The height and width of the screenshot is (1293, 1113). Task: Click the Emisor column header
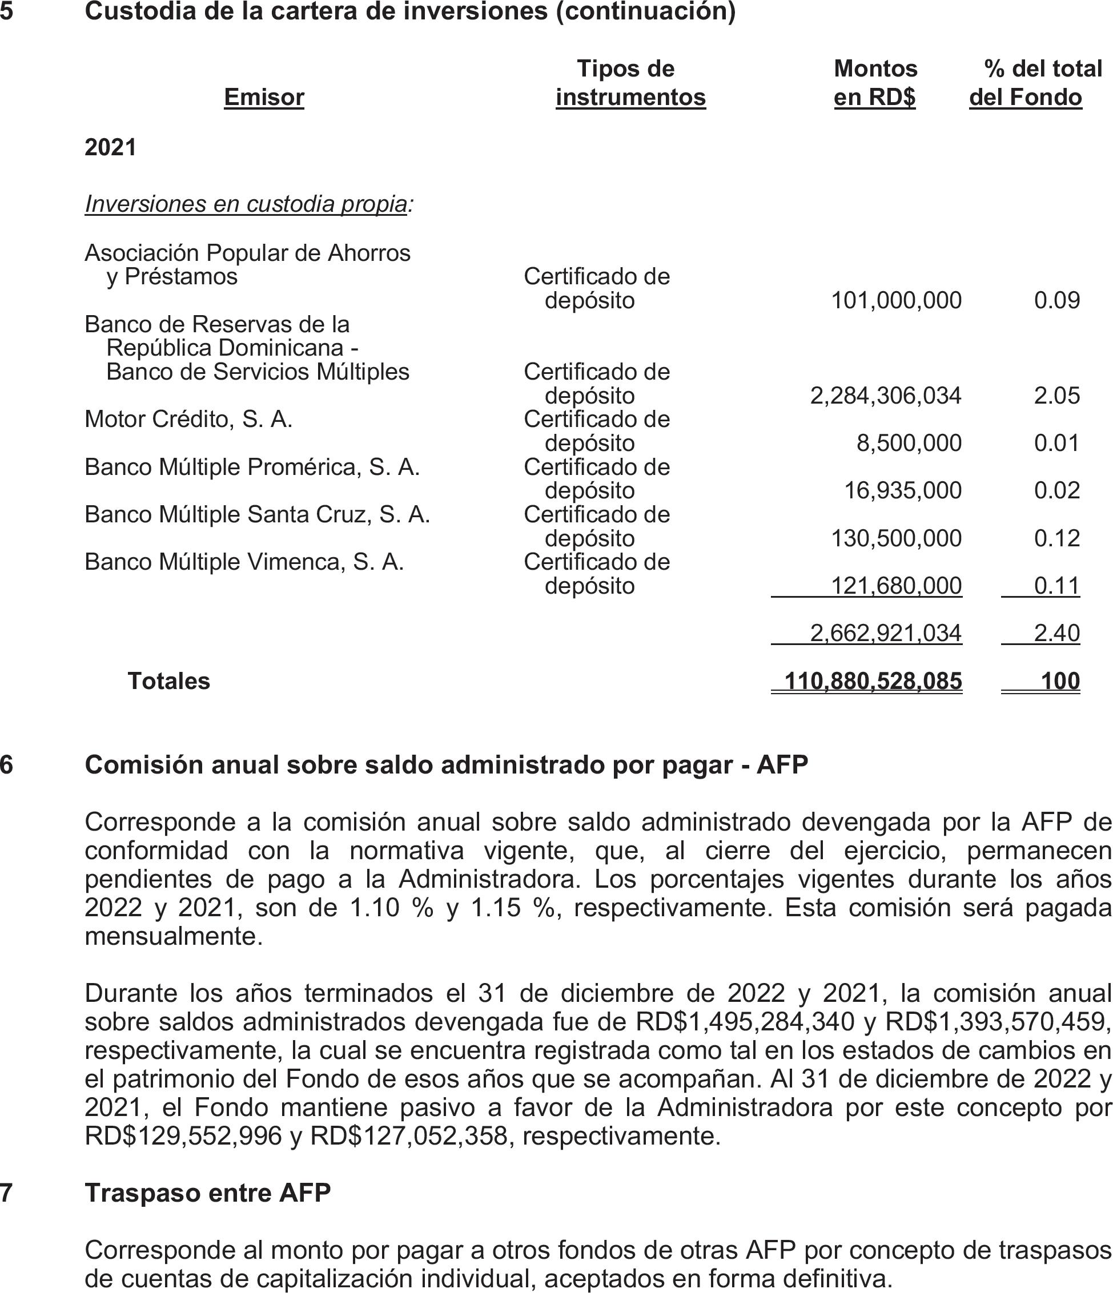pyautogui.click(x=263, y=98)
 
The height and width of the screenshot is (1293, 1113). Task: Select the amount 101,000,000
pyautogui.click(x=896, y=300)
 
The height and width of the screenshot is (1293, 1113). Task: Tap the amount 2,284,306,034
pyautogui.click(x=885, y=395)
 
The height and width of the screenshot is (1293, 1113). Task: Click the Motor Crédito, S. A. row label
pyautogui.click(x=188, y=419)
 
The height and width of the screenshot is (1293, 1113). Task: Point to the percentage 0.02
pyautogui.click(x=1056, y=490)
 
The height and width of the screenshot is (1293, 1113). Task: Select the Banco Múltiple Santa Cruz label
pyautogui.click(x=257, y=514)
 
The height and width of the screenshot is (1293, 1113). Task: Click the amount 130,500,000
pyautogui.click(x=896, y=538)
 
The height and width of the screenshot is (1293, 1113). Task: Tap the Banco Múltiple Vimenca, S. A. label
pyautogui.click(x=244, y=562)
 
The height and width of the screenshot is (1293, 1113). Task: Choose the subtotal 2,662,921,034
pyautogui.click(x=885, y=633)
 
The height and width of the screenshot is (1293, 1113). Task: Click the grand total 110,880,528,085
pyautogui.click(x=873, y=681)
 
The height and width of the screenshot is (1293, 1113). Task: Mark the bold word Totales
pyautogui.click(x=168, y=681)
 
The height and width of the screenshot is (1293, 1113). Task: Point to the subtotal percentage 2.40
pyautogui.click(x=1056, y=633)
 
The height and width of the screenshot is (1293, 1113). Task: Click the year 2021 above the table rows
pyautogui.click(x=110, y=147)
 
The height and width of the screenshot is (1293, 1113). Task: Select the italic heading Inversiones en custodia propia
pyautogui.click(x=247, y=204)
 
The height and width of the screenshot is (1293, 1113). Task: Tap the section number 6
pyautogui.click(x=6, y=764)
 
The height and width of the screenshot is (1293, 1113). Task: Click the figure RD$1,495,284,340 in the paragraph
pyautogui.click(x=745, y=1021)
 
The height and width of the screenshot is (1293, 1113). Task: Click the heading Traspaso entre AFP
pyautogui.click(x=207, y=1193)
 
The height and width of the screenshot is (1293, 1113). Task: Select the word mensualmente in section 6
pyautogui.click(x=174, y=936)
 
